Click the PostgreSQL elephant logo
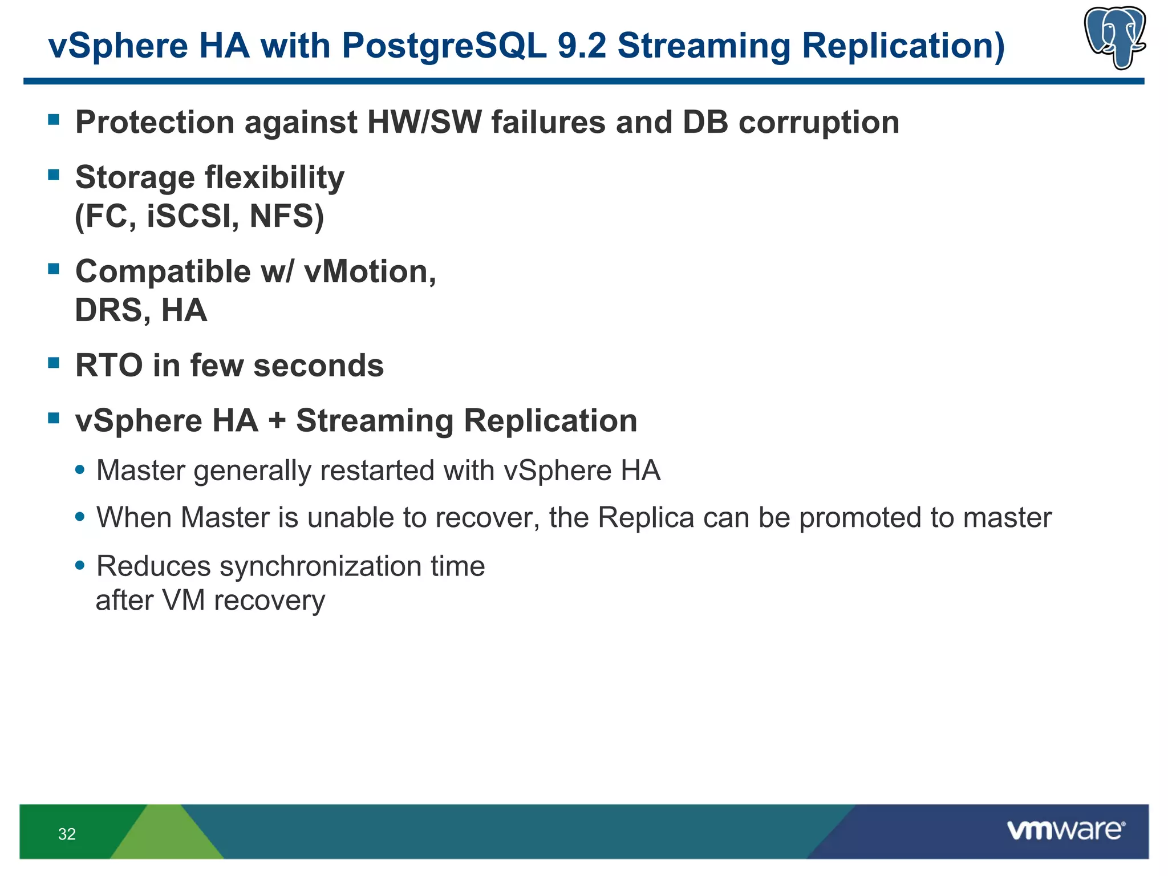tap(1114, 37)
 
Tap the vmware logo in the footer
tap(1065, 830)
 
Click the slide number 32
tap(67, 834)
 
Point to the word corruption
tap(819, 123)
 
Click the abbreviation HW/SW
tap(424, 123)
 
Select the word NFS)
tap(287, 216)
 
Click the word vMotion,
tap(370, 271)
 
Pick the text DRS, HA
tap(141, 311)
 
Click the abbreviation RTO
tap(108, 366)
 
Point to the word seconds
tap(318, 366)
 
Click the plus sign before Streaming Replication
tap(277, 421)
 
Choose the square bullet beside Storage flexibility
tap(54, 175)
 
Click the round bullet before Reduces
tap(80, 566)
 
